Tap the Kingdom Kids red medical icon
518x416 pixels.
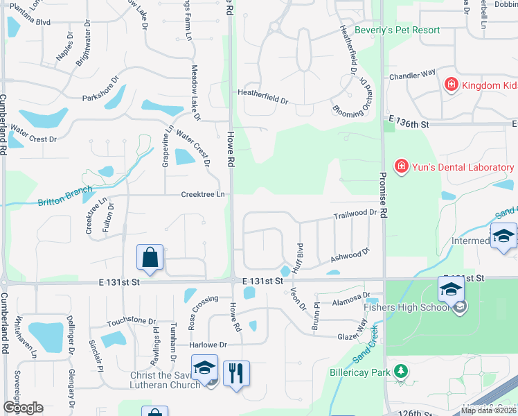coord(451,85)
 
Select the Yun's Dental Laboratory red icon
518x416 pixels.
coord(401,166)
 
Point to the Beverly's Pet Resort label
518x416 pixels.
coord(397,30)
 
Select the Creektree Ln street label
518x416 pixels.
coord(203,194)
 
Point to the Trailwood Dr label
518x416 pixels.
coord(357,216)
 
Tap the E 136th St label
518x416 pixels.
coord(409,123)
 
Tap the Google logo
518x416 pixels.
coord(23,407)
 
